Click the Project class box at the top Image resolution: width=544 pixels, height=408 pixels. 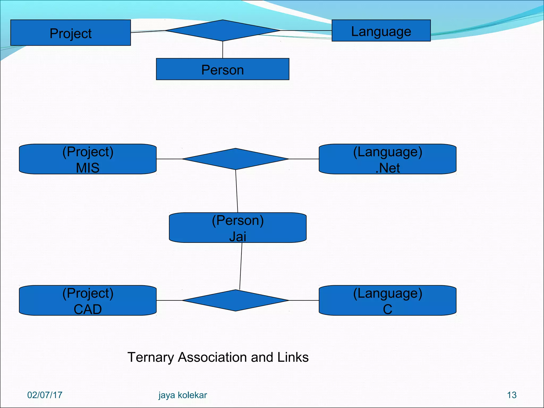(70, 33)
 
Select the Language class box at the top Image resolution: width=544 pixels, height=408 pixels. (381, 31)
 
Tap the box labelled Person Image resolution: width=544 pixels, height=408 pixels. (223, 69)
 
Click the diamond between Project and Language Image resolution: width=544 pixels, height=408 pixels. (223, 31)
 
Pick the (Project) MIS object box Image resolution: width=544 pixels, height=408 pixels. (88, 159)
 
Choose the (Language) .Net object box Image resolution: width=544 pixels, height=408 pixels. (388, 159)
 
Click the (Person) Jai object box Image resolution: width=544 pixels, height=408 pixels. (238, 228)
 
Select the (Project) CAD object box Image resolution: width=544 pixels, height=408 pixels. (88, 300)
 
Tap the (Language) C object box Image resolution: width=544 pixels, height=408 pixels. (388, 300)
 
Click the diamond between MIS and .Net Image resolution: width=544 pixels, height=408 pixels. (236, 159)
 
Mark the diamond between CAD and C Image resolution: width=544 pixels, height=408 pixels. (236, 300)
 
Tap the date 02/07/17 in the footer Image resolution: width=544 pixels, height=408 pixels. (45, 395)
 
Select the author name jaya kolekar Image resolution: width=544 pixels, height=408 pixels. (182, 395)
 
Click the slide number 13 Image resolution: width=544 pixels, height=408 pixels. (512, 395)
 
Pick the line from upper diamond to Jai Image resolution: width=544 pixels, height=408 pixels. (237, 191)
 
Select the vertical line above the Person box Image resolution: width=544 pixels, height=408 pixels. (223, 50)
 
